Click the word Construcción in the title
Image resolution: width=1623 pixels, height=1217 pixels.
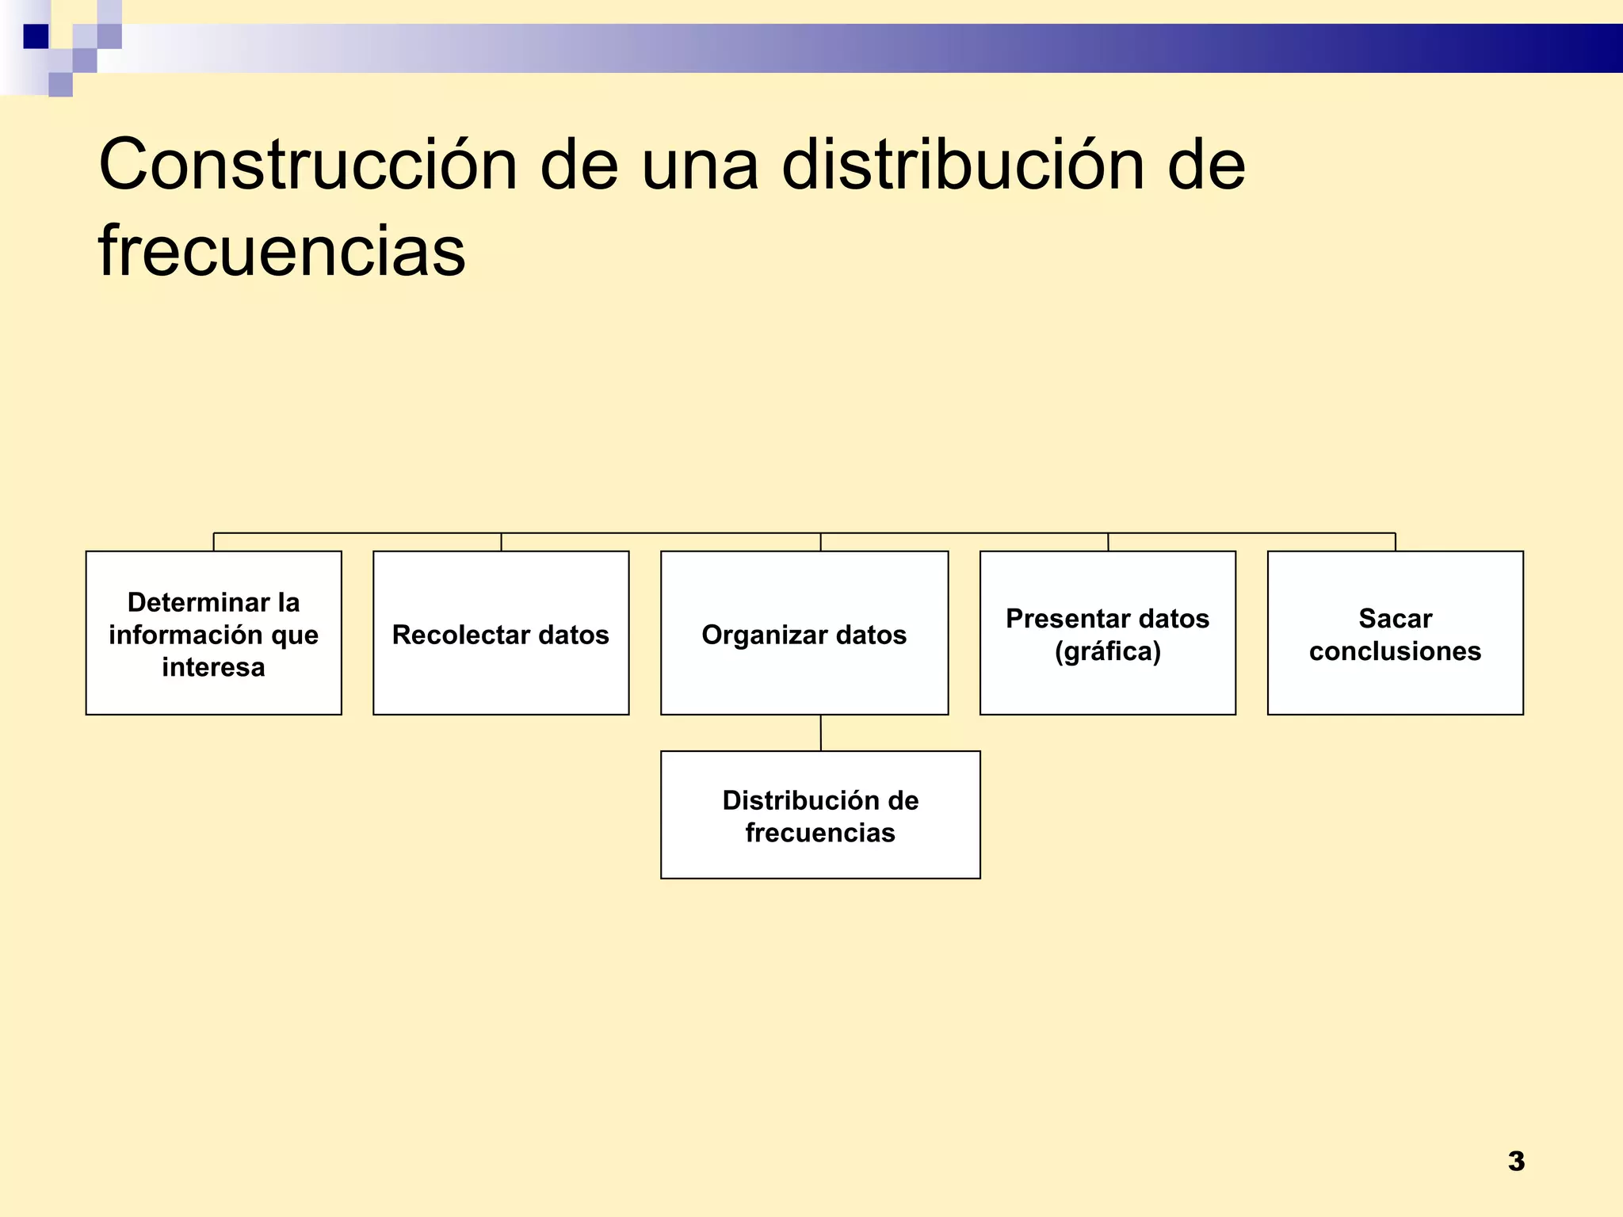pos(307,165)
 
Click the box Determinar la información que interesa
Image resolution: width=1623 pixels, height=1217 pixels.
pos(213,633)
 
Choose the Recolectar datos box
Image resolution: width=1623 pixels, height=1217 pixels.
pos(501,633)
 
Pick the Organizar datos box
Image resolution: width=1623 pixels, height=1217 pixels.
pos(804,633)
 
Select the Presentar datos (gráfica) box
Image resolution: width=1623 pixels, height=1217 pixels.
pos(1107,633)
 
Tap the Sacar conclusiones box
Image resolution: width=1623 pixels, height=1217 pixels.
pos(1395,633)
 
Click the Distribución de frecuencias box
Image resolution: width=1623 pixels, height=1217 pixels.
pos(820,815)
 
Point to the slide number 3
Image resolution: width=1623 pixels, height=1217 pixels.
pos(1516,1162)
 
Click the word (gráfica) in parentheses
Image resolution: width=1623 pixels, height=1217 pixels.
pos(1107,651)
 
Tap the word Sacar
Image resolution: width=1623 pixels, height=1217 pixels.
pos(1395,618)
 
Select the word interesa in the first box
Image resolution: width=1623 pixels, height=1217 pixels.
pos(213,667)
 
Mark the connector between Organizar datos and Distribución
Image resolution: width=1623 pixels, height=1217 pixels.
pos(820,733)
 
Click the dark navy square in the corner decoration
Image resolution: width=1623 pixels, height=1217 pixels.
pos(36,36)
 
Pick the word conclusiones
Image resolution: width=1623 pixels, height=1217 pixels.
pos(1395,651)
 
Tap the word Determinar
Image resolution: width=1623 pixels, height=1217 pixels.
pos(198,602)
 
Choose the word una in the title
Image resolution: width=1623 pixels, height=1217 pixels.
pos(700,165)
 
